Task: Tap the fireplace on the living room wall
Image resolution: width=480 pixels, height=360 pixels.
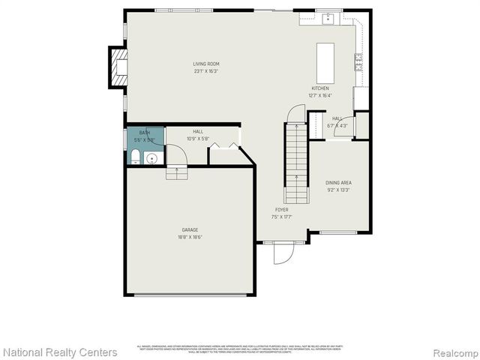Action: [118, 67]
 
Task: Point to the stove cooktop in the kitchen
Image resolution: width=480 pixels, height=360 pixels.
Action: [359, 62]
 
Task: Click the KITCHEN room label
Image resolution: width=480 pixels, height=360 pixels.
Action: [320, 88]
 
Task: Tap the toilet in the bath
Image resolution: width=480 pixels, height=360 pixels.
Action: [134, 157]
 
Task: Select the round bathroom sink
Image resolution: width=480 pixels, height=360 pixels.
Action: [151, 158]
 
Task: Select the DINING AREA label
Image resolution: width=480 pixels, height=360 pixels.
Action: [338, 182]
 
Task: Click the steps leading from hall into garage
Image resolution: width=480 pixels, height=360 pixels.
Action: [177, 173]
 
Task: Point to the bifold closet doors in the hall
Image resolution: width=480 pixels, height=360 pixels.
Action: [224, 145]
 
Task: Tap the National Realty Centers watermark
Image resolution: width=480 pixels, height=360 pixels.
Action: [60, 352]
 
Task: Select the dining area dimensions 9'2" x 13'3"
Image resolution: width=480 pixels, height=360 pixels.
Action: [338, 190]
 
